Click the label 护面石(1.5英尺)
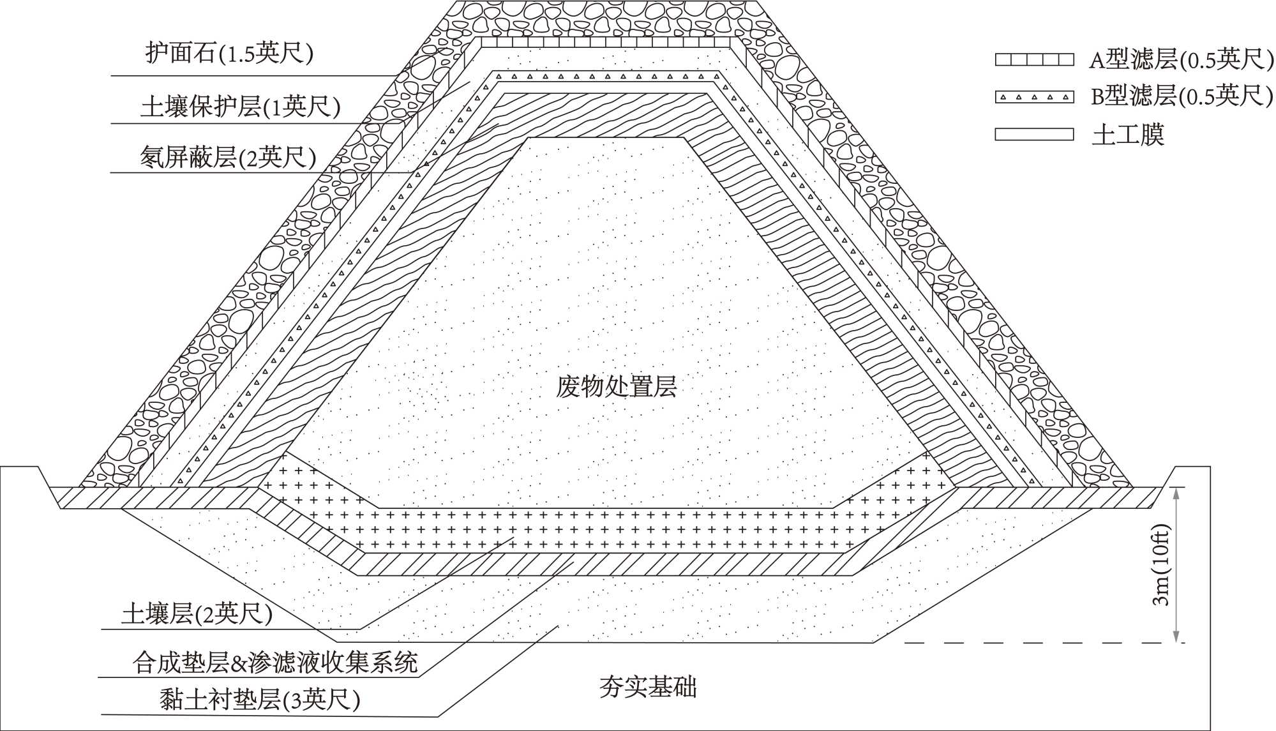[x=229, y=54]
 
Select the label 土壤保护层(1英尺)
[x=240, y=106]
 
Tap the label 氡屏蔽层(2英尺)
[x=228, y=156]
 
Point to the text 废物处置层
[x=616, y=387]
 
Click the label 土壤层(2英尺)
[x=197, y=614]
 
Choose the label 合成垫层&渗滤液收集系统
[x=274, y=663]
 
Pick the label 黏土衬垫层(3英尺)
[x=260, y=700]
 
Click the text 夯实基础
[x=648, y=688]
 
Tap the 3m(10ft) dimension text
[x=1160, y=565]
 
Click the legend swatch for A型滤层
[x=1034, y=60]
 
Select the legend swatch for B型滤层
[x=1034, y=97]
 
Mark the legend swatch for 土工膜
[x=1034, y=135]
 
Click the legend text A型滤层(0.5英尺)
[x=1181, y=60]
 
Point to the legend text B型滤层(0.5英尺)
[x=1182, y=97]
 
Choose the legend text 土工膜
[x=1128, y=135]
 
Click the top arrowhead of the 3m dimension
[x=1176, y=492]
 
